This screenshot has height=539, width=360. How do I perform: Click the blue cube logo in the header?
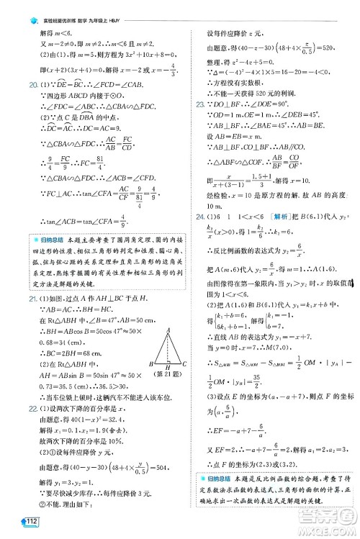point(29,6)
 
